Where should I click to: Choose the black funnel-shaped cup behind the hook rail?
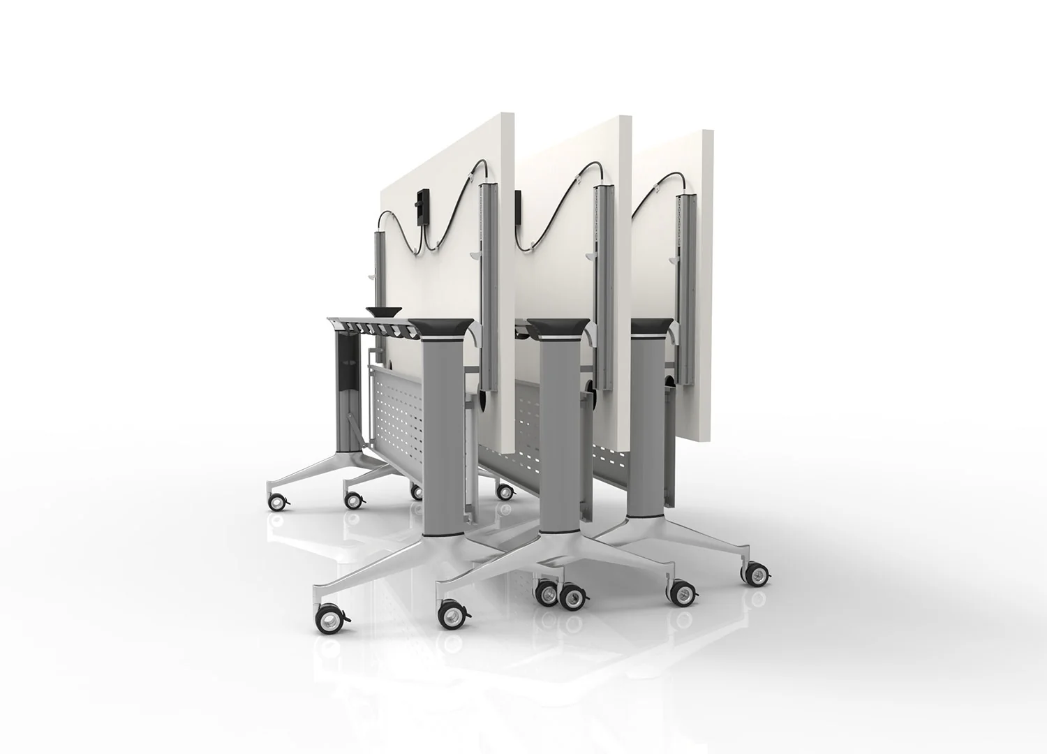[384, 311]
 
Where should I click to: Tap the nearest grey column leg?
[444, 433]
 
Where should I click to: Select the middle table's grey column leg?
[560, 426]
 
